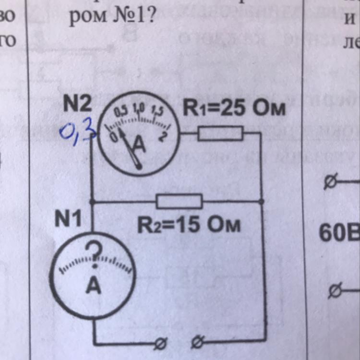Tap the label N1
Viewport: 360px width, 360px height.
(x=68, y=219)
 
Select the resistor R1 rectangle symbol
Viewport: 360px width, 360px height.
(x=220, y=133)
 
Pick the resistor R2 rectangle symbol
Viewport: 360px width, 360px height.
(x=179, y=202)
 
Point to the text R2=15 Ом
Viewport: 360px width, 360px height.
(x=189, y=224)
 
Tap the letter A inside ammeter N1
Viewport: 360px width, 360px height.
(x=94, y=287)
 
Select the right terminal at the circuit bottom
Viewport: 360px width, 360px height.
(x=197, y=343)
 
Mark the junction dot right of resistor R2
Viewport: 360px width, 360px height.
(x=262, y=202)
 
